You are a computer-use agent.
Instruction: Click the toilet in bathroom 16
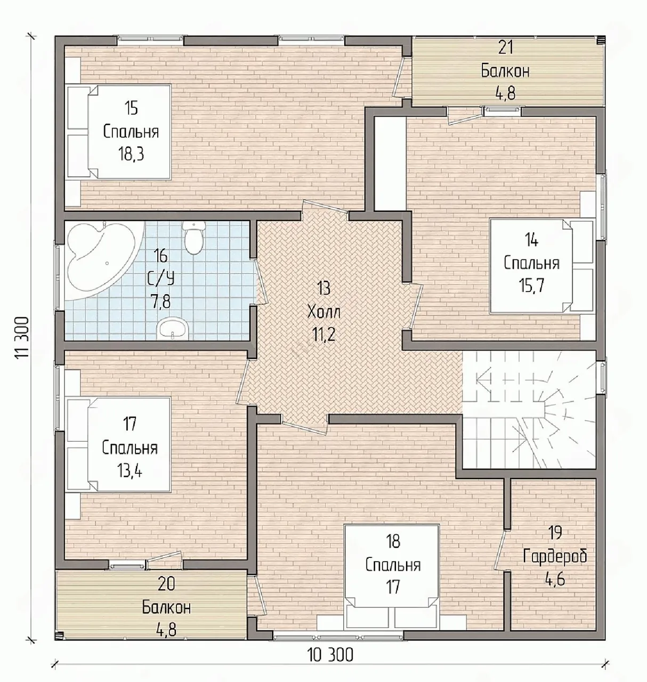pos(193,238)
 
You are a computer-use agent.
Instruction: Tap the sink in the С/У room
pos(173,328)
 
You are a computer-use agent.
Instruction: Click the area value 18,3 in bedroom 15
pos(132,154)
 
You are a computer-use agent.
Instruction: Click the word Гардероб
pos(555,556)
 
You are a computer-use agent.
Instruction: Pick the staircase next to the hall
pos(529,409)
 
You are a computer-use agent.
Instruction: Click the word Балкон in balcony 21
pos(505,71)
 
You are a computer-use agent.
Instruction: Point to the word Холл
pos(324,312)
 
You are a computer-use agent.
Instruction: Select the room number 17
pos(130,424)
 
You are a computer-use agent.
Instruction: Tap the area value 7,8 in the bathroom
pos(161,301)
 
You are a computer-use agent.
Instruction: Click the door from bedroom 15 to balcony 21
pos(399,77)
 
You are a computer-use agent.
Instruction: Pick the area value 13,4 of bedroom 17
pos(130,472)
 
